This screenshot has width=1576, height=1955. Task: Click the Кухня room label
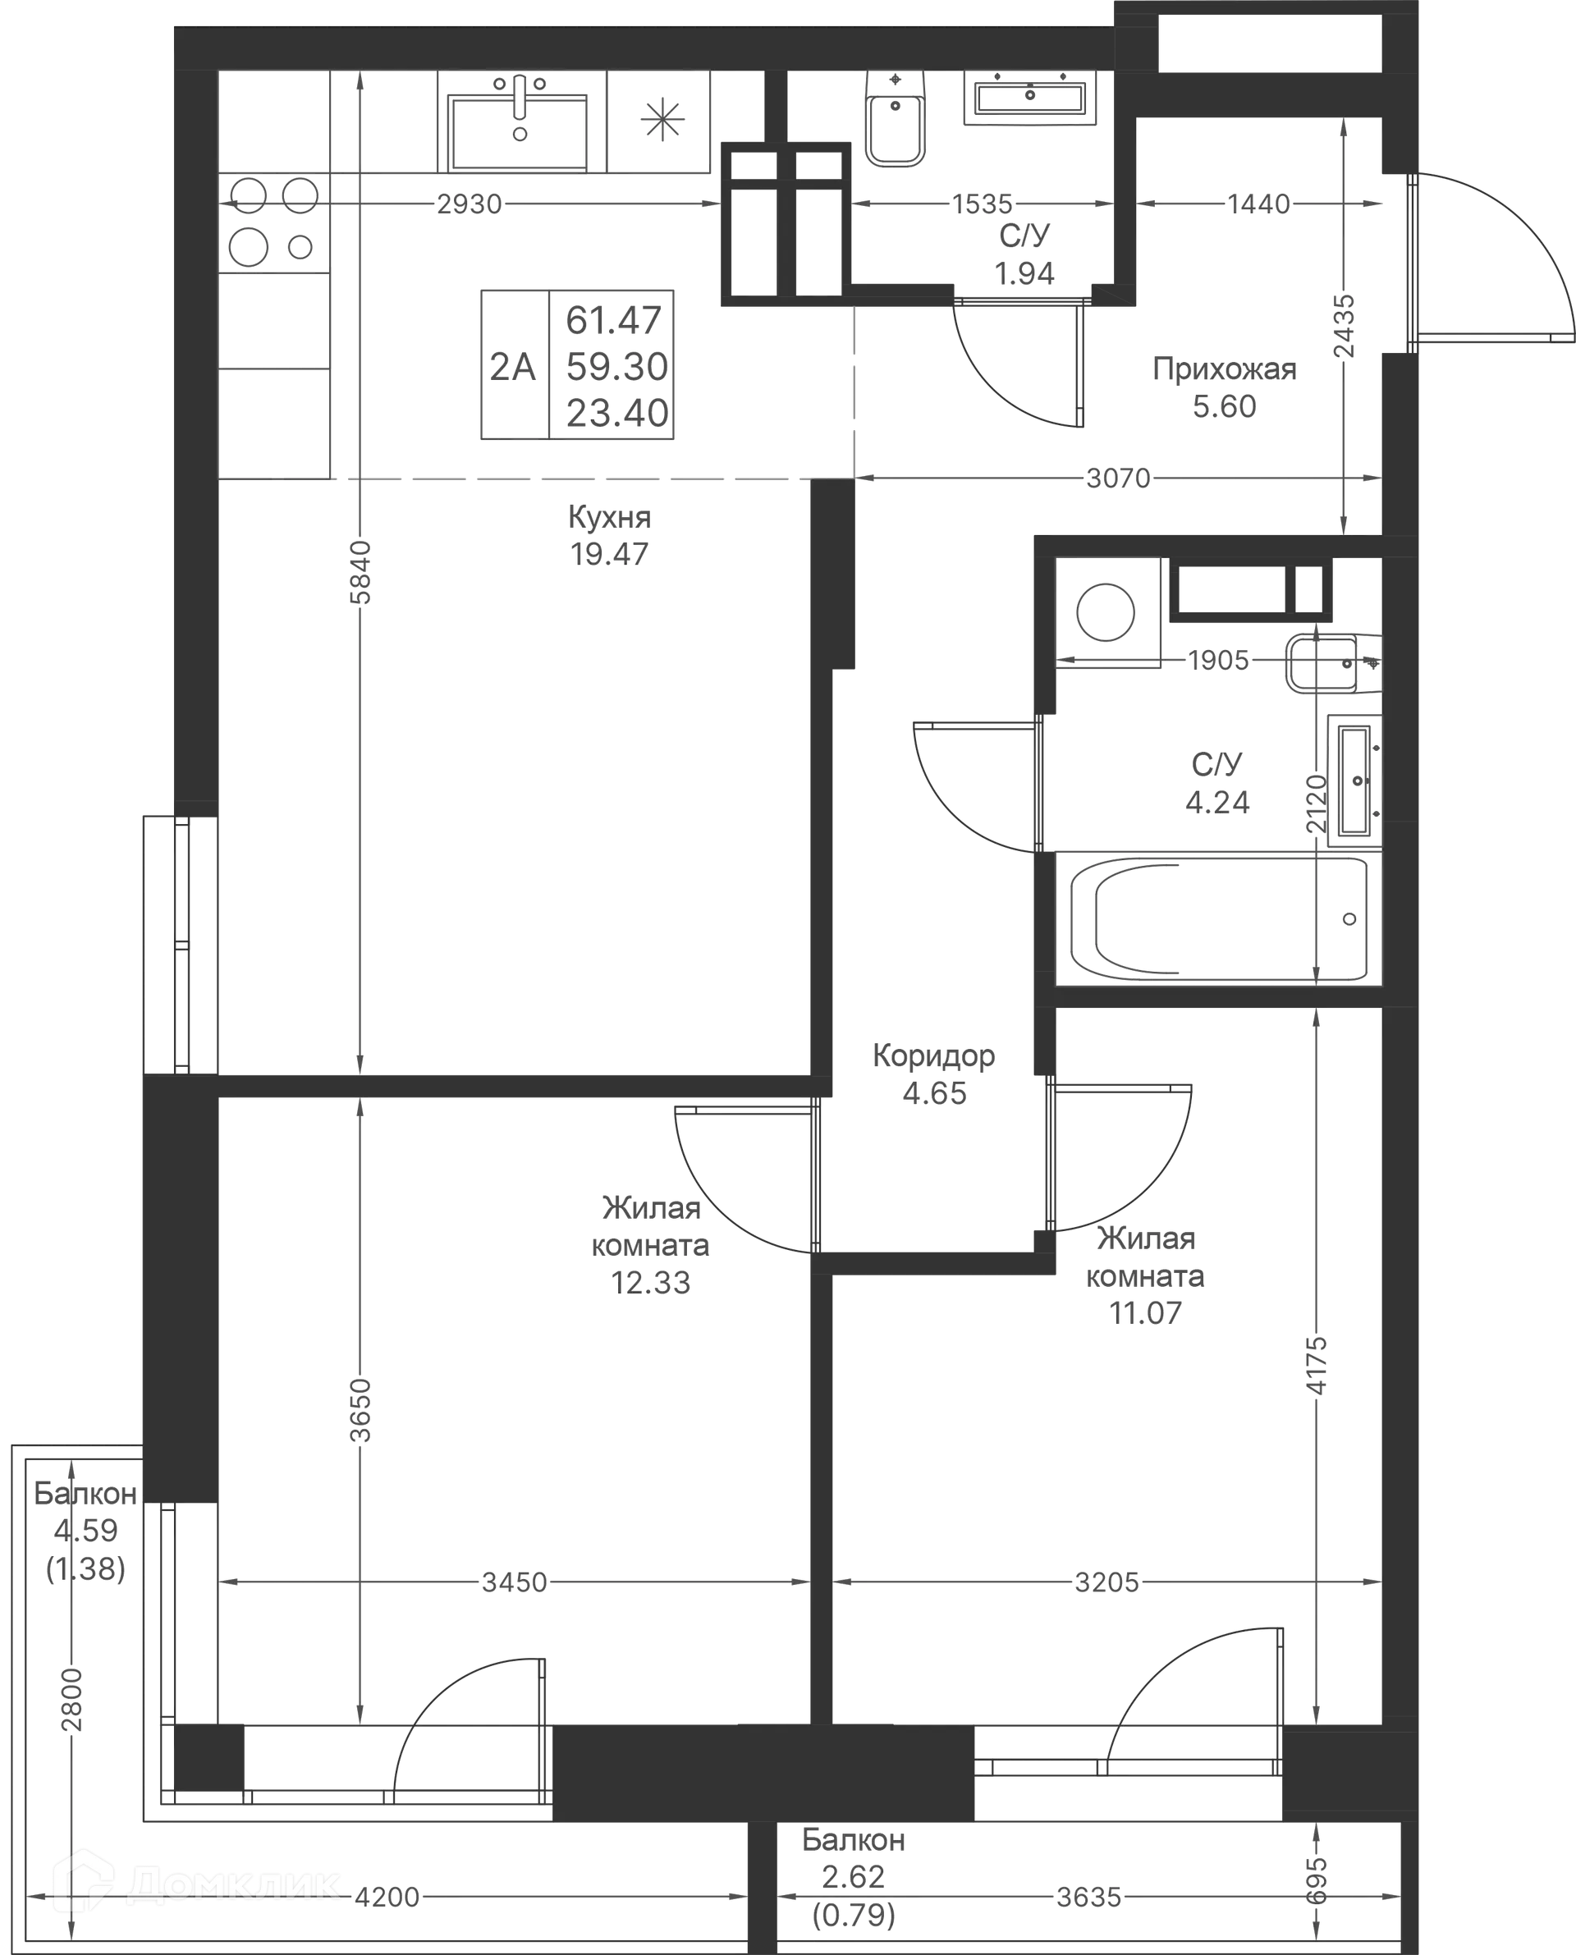tap(608, 517)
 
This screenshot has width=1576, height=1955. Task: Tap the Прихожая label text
tap(1225, 371)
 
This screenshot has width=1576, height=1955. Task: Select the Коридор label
tap(933, 1055)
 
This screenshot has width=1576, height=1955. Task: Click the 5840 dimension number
tap(361, 571)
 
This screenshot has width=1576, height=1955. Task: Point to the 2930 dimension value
tap(469, 205)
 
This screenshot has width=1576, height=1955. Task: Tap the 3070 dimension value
tap(1116, 478)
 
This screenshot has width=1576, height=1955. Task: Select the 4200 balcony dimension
tap(387, 1898)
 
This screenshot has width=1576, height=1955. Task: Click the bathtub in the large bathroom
tap(1216, 919)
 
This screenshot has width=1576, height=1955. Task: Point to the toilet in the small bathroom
tap(896, 127)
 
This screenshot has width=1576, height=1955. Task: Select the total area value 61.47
tap(615, 319)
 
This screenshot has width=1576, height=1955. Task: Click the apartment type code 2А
tap(514, 367)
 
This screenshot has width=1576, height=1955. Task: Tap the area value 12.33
tap(652, 1284)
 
